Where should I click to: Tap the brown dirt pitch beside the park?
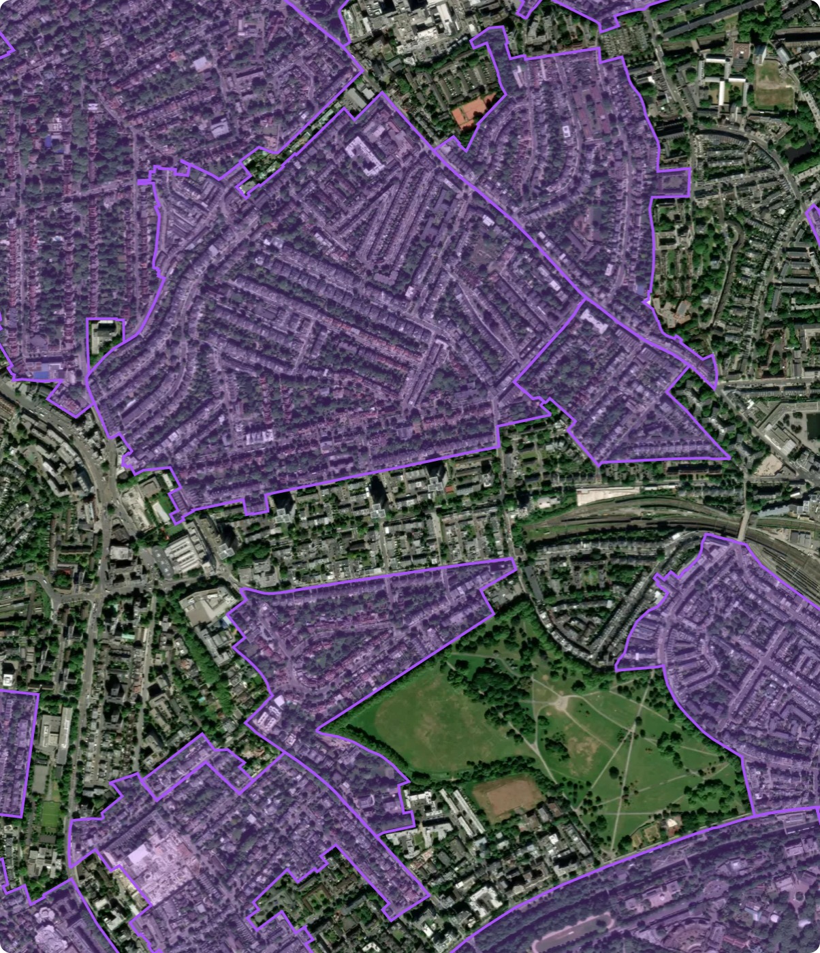click(507, 796)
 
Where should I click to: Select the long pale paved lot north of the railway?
click(606, 495)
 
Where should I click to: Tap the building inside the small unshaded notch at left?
click(104, 334)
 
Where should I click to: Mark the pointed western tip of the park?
click(320, 731)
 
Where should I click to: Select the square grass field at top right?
click(774, 85)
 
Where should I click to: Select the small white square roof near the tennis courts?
click(565, 130)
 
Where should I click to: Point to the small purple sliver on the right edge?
click(815, 225)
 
